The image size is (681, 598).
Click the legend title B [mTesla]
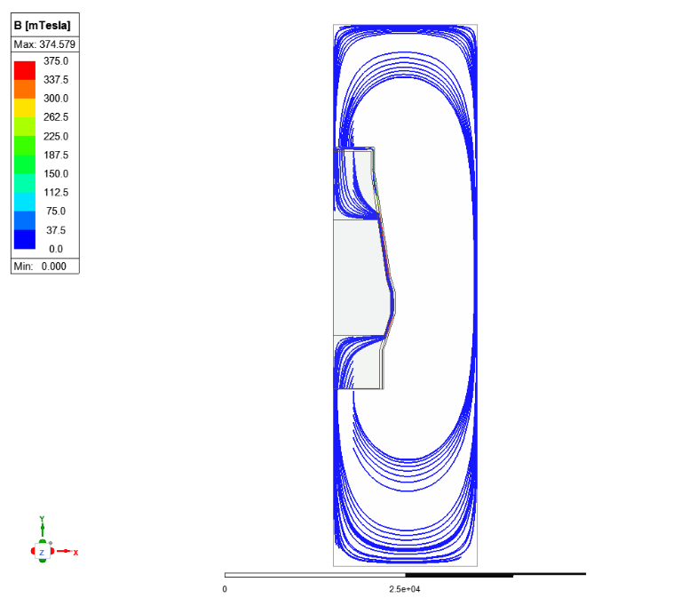42,25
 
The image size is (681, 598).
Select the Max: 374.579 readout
44,44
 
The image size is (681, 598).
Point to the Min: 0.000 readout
40,267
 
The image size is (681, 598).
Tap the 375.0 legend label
56,60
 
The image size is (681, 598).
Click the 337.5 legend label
56,80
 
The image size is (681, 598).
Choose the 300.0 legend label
56,99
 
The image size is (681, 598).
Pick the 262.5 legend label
56,117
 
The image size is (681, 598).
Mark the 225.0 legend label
56,137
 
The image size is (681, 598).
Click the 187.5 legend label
56,155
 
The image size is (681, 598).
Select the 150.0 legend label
56,174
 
